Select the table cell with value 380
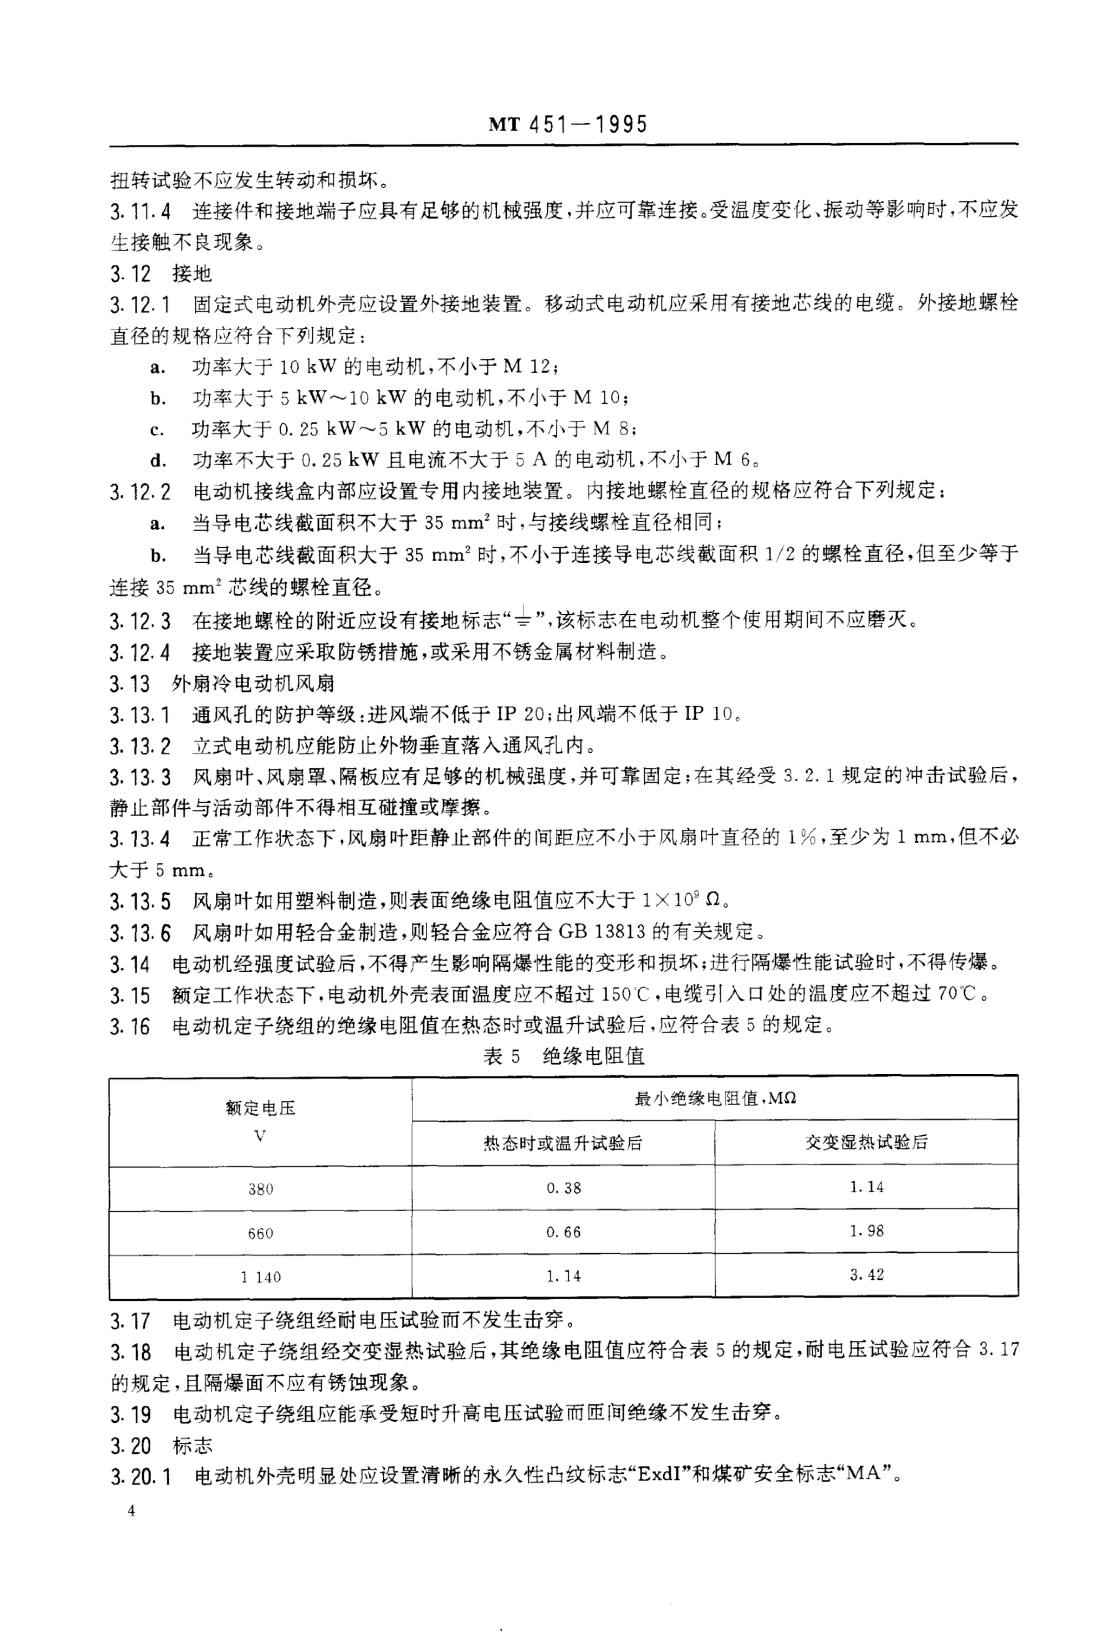point(260,1188)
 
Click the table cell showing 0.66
point(563,1232)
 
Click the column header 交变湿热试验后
point(866,1142)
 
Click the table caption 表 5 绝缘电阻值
point(563,1057)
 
